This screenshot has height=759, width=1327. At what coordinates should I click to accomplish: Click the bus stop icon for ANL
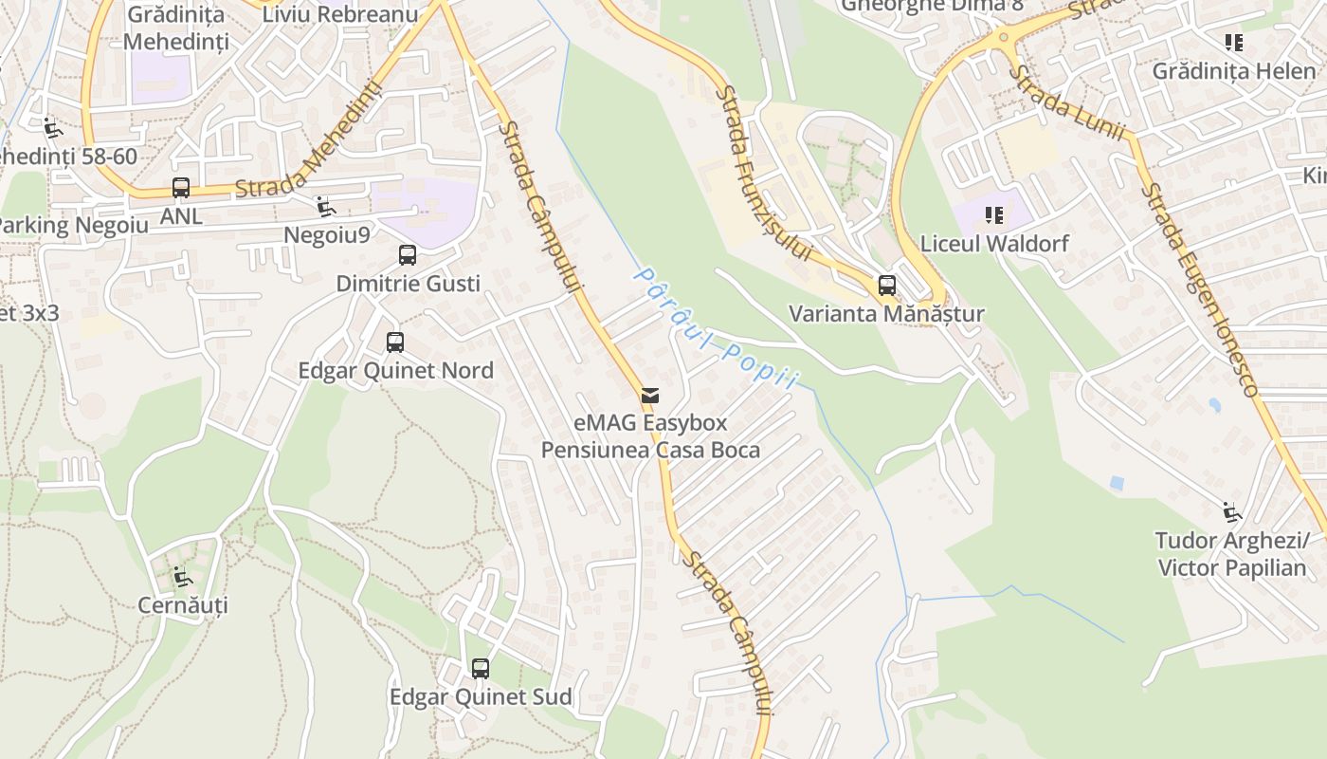click(180, 187)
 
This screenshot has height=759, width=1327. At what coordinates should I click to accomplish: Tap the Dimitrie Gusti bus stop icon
click(408, 254)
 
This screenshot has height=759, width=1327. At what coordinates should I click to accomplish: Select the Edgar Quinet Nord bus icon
click(395, 342)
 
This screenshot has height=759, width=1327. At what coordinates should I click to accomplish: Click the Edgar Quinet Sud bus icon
click(481, 668)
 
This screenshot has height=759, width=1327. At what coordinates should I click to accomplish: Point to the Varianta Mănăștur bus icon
click(887, 285)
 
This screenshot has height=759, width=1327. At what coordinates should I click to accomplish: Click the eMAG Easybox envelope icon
click(650, 395)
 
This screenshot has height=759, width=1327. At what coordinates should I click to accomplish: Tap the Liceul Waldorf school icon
click(993, 215)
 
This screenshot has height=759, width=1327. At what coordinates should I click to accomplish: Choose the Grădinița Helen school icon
click(1233, 42)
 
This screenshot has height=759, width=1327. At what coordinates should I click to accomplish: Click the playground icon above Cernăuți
click(183, 576)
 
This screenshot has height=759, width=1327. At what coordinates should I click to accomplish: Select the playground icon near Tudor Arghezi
click(1231, 512)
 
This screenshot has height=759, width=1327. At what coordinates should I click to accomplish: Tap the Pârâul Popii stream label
click(715, 328)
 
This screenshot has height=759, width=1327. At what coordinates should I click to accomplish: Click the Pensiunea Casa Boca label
click(650, 450)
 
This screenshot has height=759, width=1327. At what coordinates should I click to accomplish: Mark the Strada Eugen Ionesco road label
click(1199, 290)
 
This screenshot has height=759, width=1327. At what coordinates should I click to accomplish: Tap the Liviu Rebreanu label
click(340, 14)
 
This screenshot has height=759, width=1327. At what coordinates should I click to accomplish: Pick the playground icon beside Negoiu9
click(325, 206)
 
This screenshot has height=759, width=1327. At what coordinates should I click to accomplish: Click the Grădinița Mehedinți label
click(175, 28)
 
